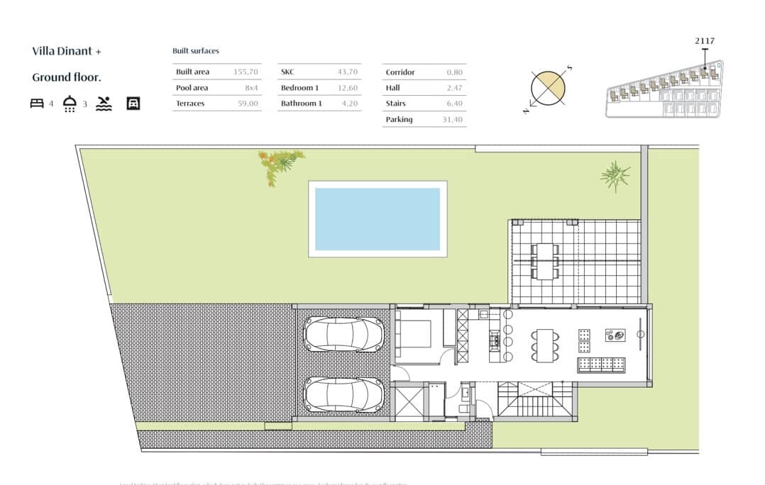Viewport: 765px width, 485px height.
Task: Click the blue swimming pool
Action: pos(377,218)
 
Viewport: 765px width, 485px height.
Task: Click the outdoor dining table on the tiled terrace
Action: pos(545,261)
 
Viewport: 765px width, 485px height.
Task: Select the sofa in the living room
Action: pos(602,364)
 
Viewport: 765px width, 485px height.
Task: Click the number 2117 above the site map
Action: pos(704,41)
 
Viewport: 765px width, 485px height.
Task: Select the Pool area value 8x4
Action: pos(251,88)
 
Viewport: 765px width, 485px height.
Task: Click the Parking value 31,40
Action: pos(451,120)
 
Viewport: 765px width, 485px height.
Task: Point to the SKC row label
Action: pos(287,72)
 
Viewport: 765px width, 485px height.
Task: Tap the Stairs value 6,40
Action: pos(454,104)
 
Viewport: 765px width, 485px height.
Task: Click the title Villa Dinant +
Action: pos(67,51)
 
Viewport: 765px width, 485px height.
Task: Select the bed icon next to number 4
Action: pos(37,104)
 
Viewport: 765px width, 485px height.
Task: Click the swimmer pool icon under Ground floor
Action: pos(104,104)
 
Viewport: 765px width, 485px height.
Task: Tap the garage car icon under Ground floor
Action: pos(133,104)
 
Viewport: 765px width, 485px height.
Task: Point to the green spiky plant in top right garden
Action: pos(614,175)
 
